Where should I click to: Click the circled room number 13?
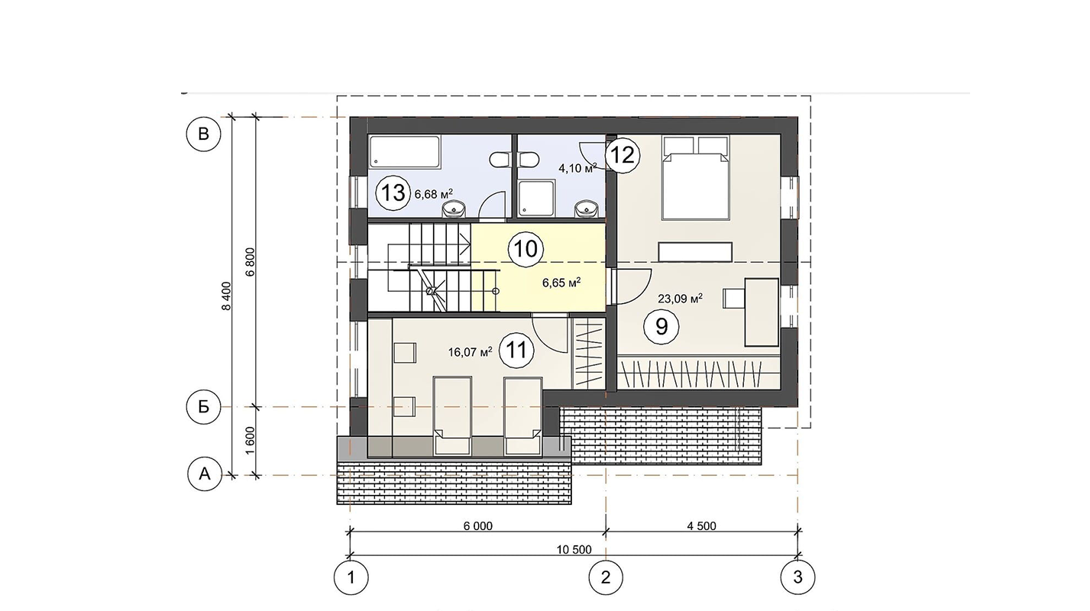pyautogui.click(x=393, y=192)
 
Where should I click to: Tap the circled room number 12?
pyautogui.click(x=622, y=156)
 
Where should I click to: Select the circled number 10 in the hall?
pyautogui.click(x=526, y=249)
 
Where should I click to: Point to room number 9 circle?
pyautogui.click(x=661, y=326)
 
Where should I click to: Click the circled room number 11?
pyautogui.click(x=516, y=350)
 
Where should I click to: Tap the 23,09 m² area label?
pyautogui.click(x=680, y=298)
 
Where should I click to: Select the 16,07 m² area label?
pyautogui.click(x=470, y=351)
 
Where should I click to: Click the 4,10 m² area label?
pyautogui.click(x=577, y=168)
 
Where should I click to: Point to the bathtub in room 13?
pyautogui.click(x=405, y=152)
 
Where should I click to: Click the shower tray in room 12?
pyautogui.click(x=537, y=198)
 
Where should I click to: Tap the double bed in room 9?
pyautogui.click(x=695, y=178)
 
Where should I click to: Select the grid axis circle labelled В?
pyautogui.click(x=203, y=134)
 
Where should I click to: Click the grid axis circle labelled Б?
pyautogui.click(x=204, y=406)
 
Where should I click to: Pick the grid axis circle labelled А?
pyautogui.click(x=205, y=474)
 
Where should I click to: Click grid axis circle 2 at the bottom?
pyautogui.click(x=606, y=577)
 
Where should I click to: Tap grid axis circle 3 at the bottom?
pyautogui.click(x=797, y=577)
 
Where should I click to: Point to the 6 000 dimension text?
pyautogui.click(x=478, y=526)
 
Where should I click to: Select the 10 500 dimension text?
pyautogui.click(x=574, y=550)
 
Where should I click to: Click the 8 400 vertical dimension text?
pyautogui.click(x=226, y=296)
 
